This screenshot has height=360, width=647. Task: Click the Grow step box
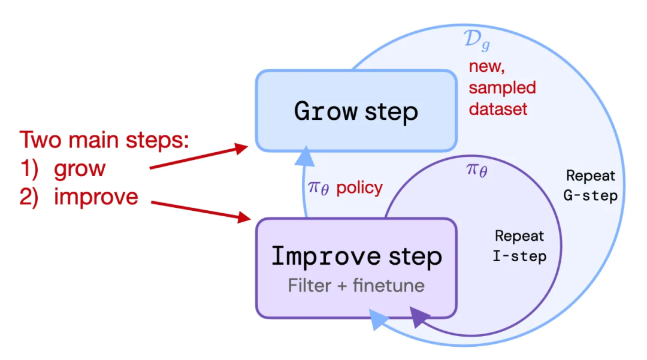pyautogui.click(x=356, y=110)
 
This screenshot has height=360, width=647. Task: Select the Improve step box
pyautogui.click(x=356, y=268)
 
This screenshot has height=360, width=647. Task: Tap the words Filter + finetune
pyautogui.click(x=356, y=285)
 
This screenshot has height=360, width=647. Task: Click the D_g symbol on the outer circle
pyautogui.click(x=477, y=40)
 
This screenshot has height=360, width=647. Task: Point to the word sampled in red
pyautogui.click(x=502, y=87)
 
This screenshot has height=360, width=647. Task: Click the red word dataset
pyautogui.click(x=498, y=109)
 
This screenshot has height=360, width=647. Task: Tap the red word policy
pyautogui.click(x=359, y=188)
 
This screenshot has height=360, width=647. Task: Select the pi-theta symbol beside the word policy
pyautogui.click(x=319, y=188)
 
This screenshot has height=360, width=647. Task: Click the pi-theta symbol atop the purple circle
pyautogui.click(x=477, y=170)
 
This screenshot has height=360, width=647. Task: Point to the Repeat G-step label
pyautogui.click(x=591, y=186)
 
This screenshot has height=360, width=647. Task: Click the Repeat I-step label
pyautogui.click(x=519, y=246)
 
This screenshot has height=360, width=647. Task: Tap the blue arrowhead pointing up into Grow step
pyautogui.click(x=305, y=156)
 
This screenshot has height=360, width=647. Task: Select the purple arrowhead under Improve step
pyautogui.click(x=418, y=317)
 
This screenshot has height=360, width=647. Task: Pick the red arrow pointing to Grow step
pyautogui.click(x=198, y=156)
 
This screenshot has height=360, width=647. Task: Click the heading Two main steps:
pyautogui.click(x=104, y=140)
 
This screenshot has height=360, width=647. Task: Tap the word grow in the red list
pyautogui.click(x=80, y=169)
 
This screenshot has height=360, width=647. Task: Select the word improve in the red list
pyautogui.click(x=96, y=196)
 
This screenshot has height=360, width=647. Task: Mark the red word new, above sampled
pyautogui.click(x=487, y=66)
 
